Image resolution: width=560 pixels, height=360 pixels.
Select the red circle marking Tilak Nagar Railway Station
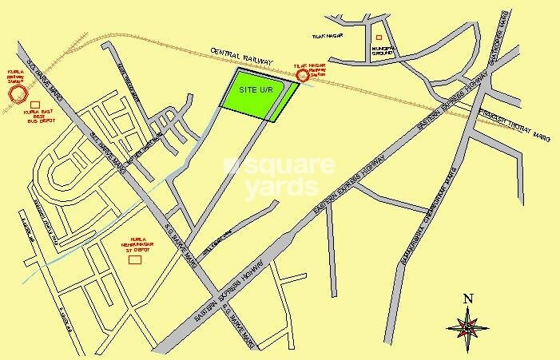(x=303, y=76)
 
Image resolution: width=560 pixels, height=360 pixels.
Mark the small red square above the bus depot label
(x=34, y=105)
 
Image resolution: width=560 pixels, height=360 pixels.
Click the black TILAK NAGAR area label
(x=328, y=36)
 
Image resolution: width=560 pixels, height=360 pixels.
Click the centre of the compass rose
(x=467, y=326)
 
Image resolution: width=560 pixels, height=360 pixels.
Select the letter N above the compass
(x=467, y=300)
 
